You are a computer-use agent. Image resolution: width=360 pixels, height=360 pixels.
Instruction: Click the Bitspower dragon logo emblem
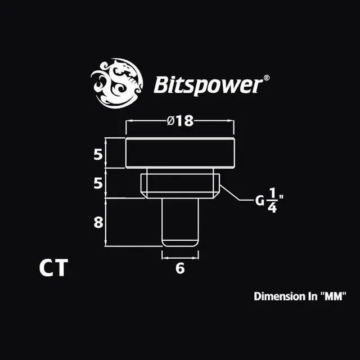point(116,82)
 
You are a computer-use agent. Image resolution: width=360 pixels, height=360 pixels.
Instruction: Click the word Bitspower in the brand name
point(207,86)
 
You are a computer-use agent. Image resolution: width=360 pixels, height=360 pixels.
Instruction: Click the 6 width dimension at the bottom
point(180,268)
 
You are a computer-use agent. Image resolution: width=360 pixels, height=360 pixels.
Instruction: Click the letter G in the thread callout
point(259,201)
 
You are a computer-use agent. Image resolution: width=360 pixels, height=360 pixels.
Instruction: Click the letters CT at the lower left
point(53,268)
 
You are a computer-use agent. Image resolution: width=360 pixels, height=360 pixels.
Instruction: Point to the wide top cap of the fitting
point(180,153)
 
